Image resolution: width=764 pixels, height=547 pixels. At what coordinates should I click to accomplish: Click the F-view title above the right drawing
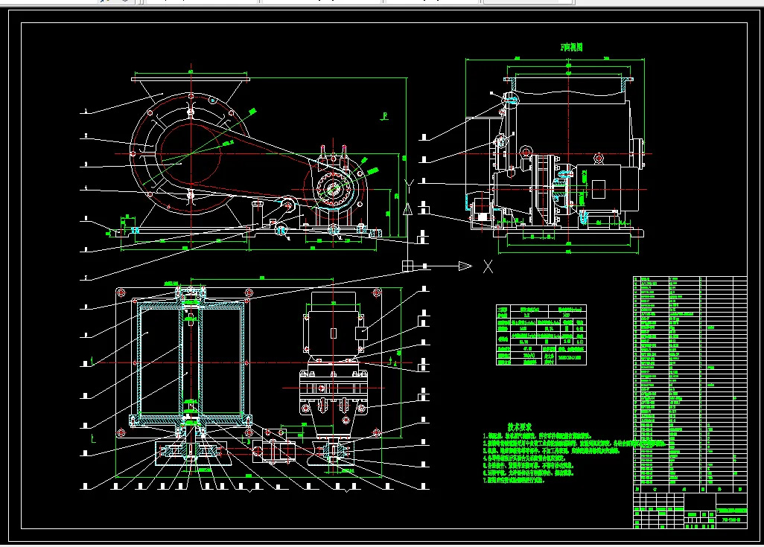click(571, 47)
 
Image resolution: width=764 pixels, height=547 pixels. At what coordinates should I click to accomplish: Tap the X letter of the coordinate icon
click(487, 266)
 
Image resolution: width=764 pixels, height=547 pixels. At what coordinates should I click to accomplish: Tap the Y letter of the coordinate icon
click(407, 184)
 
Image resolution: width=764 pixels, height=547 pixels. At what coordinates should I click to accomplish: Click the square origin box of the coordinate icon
click(407, 266)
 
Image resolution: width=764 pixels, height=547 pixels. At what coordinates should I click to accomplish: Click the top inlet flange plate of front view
click(189, 79)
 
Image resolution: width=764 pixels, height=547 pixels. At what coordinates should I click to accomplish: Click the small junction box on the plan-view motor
click(362, 333)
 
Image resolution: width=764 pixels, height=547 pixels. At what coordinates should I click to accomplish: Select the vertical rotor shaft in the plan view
click(191, 357)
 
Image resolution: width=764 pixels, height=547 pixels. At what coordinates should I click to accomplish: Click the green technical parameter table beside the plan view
click(541, 335)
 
